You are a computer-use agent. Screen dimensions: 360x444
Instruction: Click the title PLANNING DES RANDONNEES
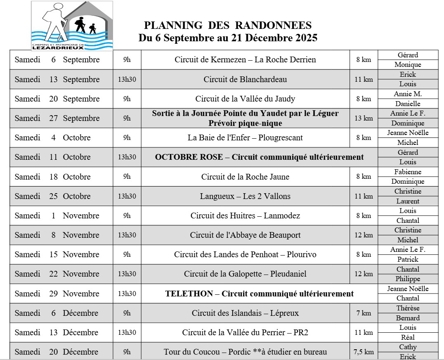(x=228, y=26)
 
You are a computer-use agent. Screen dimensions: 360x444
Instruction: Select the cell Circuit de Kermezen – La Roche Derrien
(x=245, y=60)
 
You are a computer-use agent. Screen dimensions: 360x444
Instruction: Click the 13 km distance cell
(x=364, y=118)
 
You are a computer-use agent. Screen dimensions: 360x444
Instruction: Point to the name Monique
(x=408, y=65)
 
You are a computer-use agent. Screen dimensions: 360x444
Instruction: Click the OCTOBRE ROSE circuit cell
(x=259, y=157)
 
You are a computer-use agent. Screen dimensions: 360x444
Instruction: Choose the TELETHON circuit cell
(x=259, y=294)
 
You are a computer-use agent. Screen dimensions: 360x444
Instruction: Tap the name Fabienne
(x=408, y=172)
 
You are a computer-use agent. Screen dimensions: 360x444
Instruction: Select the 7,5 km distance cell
(x=364, y=352)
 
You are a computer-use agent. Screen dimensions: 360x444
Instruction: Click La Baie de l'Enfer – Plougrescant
(x=245, y=138)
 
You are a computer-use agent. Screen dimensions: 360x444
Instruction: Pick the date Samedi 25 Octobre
(x=52, y=197)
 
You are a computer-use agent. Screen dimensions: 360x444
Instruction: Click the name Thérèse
(x=408, y=308)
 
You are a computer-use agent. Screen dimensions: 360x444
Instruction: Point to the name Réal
(x=408, y=337)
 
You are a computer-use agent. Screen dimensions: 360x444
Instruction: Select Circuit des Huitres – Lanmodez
(x=245, y=216)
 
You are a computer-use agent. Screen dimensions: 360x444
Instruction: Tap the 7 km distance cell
(x=364, y=313)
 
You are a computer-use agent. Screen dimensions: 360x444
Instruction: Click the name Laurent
(x=408, y=201)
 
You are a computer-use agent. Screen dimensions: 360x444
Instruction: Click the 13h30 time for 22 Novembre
(x=127, y=274)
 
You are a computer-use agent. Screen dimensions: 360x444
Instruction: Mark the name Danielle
(x=408, y=104)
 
